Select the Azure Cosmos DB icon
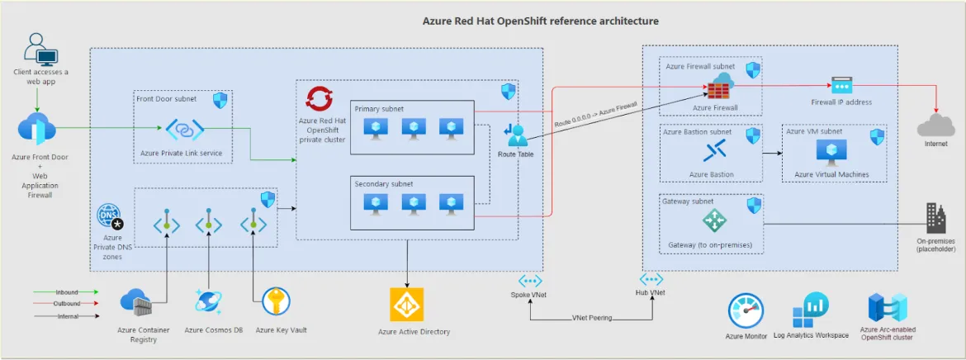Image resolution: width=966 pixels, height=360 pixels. coord(209,303)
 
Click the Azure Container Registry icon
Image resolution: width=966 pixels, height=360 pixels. coord(137,304)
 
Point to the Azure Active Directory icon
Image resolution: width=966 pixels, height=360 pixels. coord(406,305)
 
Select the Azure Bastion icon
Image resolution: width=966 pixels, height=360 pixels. coord(713,151)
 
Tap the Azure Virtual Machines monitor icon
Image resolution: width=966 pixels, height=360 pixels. coord(831,151)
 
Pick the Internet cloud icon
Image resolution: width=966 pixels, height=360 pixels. coord(935,126)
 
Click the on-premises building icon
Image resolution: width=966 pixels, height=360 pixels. coord(935,219)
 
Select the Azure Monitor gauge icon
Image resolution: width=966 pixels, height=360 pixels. coord(746,312)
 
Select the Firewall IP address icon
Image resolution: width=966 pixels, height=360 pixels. coord(841,85)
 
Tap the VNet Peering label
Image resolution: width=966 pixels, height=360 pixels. coord(591,318)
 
